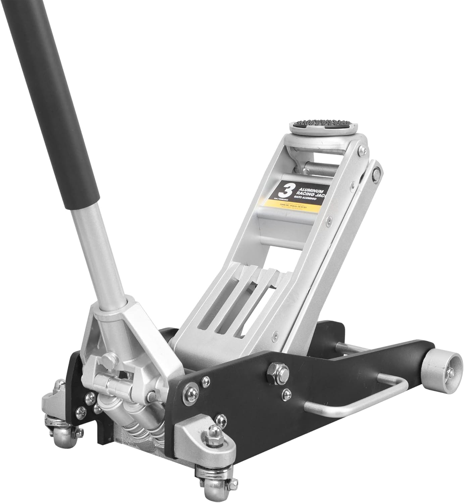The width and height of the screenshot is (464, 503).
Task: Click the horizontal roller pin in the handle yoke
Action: pos(114,382)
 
